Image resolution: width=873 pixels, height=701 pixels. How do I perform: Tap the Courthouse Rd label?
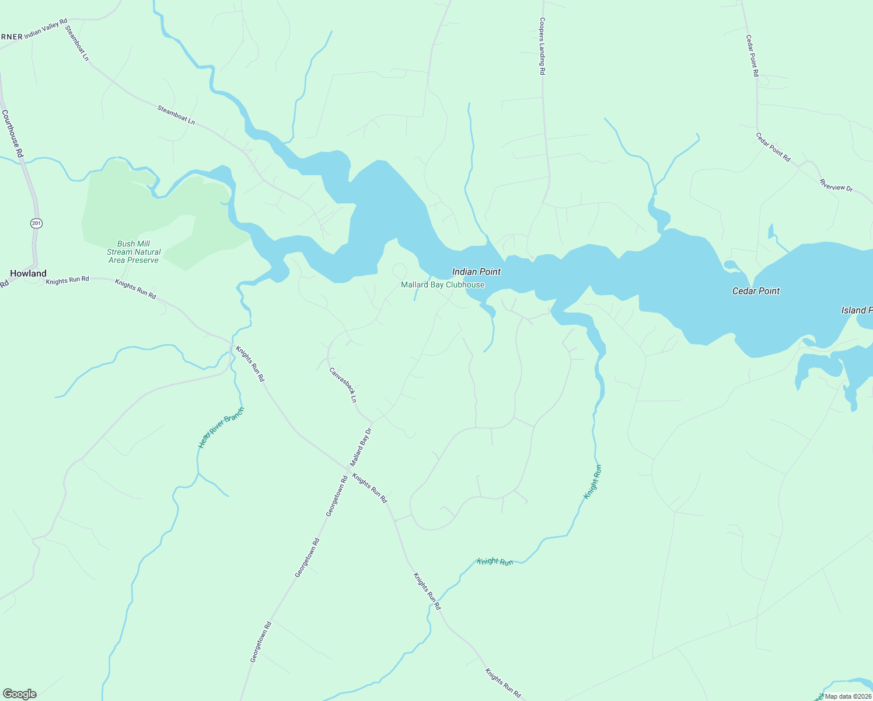tap(12, 134)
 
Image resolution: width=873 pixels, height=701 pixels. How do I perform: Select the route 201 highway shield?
tap(37, 223)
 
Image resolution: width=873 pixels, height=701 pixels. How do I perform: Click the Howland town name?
tap(28, 273)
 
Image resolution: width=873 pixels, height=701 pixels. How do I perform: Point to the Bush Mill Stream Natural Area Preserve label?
tap(134, 252)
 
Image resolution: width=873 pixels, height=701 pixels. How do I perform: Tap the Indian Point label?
tap(476, 272)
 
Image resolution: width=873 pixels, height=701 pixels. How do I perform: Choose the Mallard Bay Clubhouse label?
tap(442, 284)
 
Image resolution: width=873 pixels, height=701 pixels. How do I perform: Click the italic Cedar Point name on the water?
tap(756, 291)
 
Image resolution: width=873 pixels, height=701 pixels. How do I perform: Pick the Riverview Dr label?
tap(836, 185)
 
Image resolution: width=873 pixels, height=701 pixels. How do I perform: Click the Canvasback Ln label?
tap(343, 385)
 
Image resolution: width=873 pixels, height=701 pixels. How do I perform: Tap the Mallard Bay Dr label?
tap(361, 447)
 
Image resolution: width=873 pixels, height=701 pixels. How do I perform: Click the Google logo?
tap(20, 694)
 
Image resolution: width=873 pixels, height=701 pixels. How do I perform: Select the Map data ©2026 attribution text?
tap(848, 696)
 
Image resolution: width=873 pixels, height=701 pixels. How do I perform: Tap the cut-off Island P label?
tap(857, 310)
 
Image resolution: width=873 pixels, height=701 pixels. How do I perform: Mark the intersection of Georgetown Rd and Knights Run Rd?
tap(348, 468)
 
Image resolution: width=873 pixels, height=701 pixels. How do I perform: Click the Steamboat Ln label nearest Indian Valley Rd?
tap(76, 43)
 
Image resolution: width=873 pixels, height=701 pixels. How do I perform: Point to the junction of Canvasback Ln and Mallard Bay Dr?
tap(372, 421)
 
